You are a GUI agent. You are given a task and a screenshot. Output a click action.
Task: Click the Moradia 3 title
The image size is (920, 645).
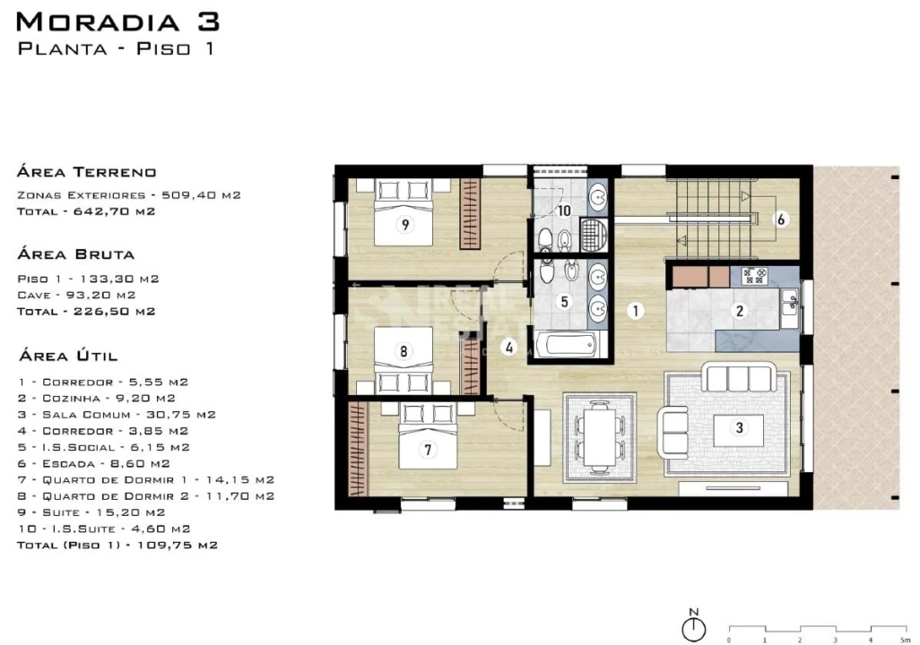coord(118,22)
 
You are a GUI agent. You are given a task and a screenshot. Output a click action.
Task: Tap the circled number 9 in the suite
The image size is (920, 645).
coord(404,225)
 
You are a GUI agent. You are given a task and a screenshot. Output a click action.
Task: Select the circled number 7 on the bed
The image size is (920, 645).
coord(428,450)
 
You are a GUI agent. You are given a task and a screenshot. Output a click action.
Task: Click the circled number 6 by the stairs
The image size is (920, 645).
coord(780,219)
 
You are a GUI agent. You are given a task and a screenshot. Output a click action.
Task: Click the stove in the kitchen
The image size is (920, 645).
coord(754,276)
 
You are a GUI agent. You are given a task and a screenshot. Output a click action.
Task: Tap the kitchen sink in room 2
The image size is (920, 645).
coord(788,301)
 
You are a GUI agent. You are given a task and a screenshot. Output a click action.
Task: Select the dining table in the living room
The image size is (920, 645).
coord(600,437)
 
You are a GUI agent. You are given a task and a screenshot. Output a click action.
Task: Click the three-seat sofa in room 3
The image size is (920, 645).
coord(739,377)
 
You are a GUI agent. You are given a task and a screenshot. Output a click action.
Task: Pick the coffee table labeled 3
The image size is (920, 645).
coord(739,430)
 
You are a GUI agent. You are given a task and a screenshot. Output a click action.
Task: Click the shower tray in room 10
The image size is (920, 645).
coord(594,235)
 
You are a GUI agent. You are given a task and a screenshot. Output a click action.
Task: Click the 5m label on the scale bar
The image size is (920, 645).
coord(904,641)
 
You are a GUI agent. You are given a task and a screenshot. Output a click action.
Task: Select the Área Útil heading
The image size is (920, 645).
coord(68,356)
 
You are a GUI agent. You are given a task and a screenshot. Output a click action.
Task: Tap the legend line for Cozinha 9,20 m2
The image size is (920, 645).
coord(97,398)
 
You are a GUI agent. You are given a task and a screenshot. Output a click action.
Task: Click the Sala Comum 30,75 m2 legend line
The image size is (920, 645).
coord(117,415)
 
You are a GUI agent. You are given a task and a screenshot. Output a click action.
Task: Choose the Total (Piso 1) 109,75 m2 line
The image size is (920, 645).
coord(117,545)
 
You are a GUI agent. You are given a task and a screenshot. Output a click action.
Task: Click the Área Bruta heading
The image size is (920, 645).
coord(75,254)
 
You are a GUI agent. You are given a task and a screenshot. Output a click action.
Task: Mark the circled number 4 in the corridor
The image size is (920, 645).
coord(508,348)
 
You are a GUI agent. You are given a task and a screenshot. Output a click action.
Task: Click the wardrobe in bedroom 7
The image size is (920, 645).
coord(357,449)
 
